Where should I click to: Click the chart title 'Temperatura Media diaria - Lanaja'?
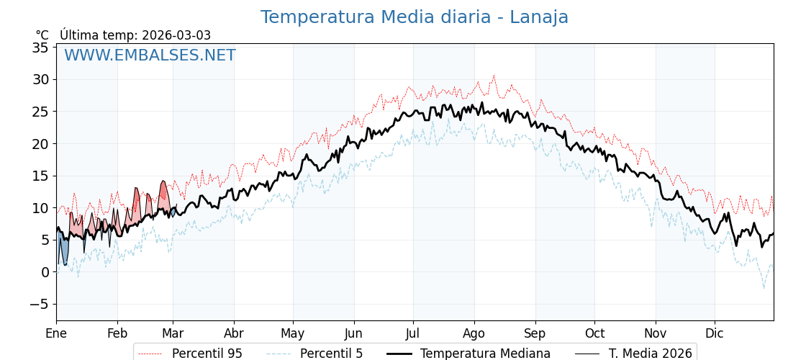click(x=414, y=17)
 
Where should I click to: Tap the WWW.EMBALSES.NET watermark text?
click(x=150, y=55)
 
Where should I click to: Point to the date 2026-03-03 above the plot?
click(x=176, y=35)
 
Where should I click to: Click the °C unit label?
click(x=42, y=35)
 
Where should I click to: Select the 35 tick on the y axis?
click(x=40, y=48)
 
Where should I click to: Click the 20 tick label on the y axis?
click(x=40, y=144)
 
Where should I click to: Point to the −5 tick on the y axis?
click(x=39, y=304)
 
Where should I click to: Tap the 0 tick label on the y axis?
click(x=45, y=272)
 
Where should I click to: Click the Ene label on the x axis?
click(x=56, y=333)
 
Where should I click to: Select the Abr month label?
click(x=234, y=333)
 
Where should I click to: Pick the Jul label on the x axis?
click(x=413, y=333)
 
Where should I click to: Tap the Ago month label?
click(x=474, y=333)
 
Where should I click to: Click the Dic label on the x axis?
click(x=715, y=333)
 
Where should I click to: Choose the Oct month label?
click(x=594, y=333)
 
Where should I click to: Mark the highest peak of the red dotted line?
click(x=494, y=76)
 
